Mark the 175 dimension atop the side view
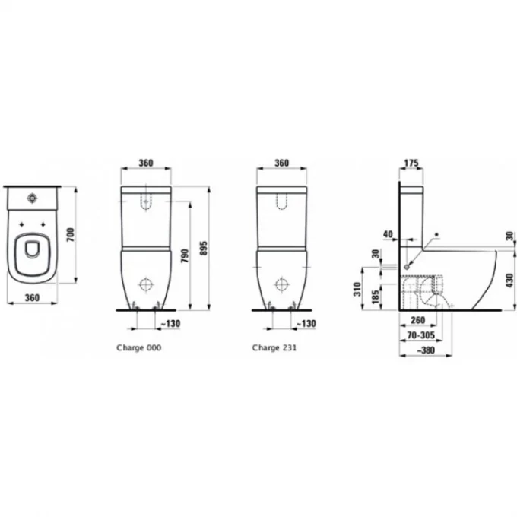click(x=411, y=163)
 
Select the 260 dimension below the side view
click(x=416, y=321)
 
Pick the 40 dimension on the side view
click(x=389, y=234)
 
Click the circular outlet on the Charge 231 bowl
click(x=281, y=284)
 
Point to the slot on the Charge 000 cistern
click(x=147, y=200)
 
